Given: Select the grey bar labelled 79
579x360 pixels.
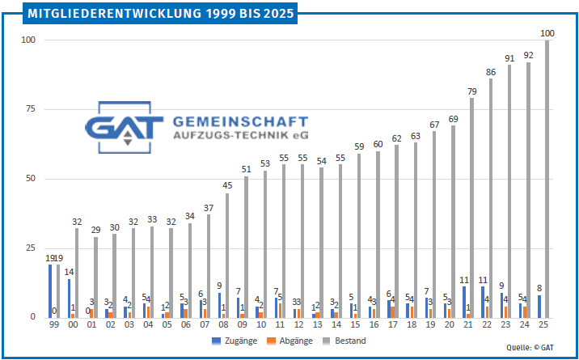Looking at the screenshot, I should coord(472,208).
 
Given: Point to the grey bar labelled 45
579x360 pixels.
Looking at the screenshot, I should coord(228,255).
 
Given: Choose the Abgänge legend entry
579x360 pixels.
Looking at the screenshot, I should coord(293,341).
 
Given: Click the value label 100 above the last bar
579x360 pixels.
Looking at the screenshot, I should coord(547,33).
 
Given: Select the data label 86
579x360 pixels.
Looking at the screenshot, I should coord(491,72).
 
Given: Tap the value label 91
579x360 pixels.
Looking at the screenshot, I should coord(509,58).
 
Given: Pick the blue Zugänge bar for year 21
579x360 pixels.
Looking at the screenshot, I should coord(464,302).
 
